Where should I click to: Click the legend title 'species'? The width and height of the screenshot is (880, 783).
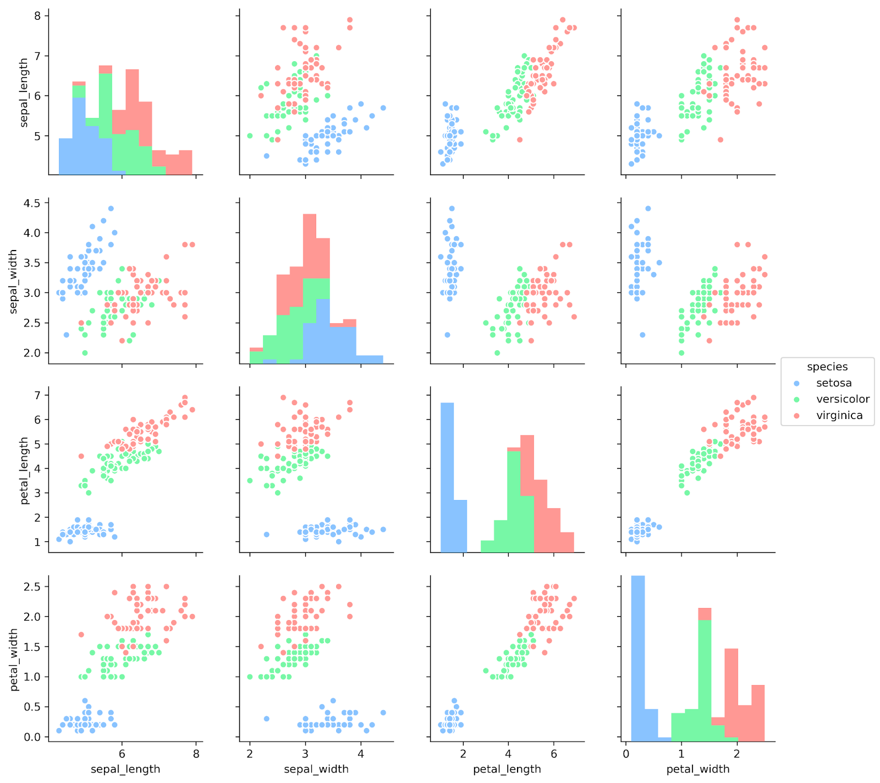(x=827, y=367)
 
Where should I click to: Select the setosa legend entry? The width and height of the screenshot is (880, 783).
(x=834, y=383)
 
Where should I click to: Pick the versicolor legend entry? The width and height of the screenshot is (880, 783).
(x=843, y=399)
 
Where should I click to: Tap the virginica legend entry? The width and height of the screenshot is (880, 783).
(x=839, y=415)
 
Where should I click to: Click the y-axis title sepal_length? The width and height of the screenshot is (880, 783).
(x=24, y=93)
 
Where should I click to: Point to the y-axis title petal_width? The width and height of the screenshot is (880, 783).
(x=14, y=660)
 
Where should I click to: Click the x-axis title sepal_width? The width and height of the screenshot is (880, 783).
(x=316, y=769)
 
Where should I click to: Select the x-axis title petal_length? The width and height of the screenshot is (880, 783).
(x=507, y=769)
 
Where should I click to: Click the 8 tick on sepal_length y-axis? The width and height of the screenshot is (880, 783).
(x=38, y=15)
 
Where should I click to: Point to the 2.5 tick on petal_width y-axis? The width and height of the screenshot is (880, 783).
(x=32, y=586)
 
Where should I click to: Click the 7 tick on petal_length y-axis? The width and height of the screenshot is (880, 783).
(x=38, y=395)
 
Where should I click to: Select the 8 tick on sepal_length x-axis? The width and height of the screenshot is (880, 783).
(x=196, y=754)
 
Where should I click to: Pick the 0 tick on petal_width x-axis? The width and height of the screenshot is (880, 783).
(x=626, y=754)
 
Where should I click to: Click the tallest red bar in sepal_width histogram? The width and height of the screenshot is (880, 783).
(x=310, y=245)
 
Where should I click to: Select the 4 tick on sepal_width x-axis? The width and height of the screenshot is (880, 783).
(x=361, y=754)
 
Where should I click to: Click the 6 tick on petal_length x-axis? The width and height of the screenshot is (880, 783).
(x=553, y=754)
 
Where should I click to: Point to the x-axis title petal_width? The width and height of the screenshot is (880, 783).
(x=698, y=769)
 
